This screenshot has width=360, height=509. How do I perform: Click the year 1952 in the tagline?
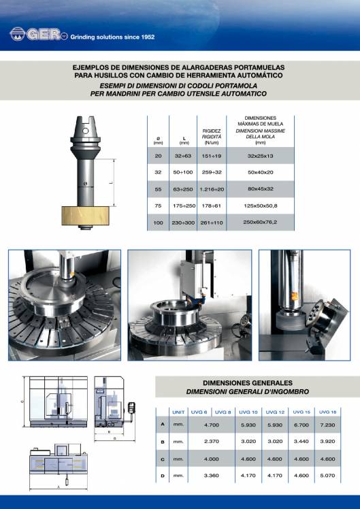[144, 37]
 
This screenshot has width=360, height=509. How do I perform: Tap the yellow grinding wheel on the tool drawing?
[86, 216]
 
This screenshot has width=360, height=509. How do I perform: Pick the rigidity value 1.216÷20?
[211, 187]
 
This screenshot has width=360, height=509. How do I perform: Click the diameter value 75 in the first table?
[159, 205]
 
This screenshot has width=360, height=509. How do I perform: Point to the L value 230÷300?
[184, 223]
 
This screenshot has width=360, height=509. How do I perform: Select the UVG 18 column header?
[328, 412]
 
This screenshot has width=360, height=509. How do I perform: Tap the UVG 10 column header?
[250, 412]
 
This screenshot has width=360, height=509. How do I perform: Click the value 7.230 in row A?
[328, 425]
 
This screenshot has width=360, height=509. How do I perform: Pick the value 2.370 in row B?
[211, 441]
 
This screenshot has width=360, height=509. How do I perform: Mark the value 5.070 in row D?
[328, 475]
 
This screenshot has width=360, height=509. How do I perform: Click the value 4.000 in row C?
[211, 459]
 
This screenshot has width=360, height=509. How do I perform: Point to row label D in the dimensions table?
[162, 475]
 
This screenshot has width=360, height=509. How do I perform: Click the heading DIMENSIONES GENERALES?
[248, 383]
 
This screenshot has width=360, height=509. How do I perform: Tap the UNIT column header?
[179, 412]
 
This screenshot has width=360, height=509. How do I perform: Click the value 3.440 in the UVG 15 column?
[301, 441]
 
